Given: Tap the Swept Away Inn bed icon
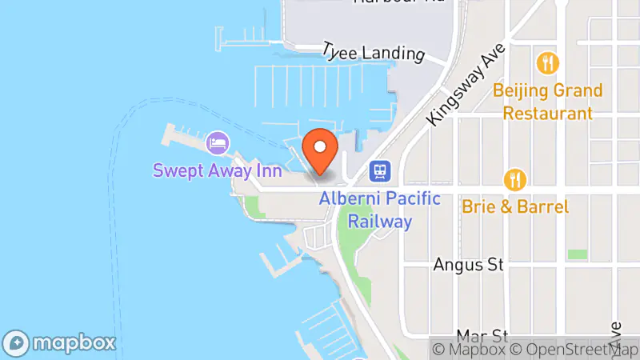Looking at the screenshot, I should (x=217, y=144).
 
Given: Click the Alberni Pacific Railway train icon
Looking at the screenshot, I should (x=379, y=171).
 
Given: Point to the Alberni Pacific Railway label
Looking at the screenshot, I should (x=379, y=210).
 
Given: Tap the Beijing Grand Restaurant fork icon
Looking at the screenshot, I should (x=548, y=62).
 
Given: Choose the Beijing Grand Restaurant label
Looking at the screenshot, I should (x=548, y=102).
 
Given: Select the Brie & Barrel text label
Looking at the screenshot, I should (x=516, y=206).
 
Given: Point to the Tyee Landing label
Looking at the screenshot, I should (x=373, y=54).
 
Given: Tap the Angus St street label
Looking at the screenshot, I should (x=469, y=265).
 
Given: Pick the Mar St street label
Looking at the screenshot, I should (x=482, y=334).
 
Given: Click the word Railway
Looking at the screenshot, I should (x=379, y=222).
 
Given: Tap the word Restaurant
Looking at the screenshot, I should (x=548, y=114).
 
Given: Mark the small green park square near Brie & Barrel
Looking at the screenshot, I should (x=577, y=254).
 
